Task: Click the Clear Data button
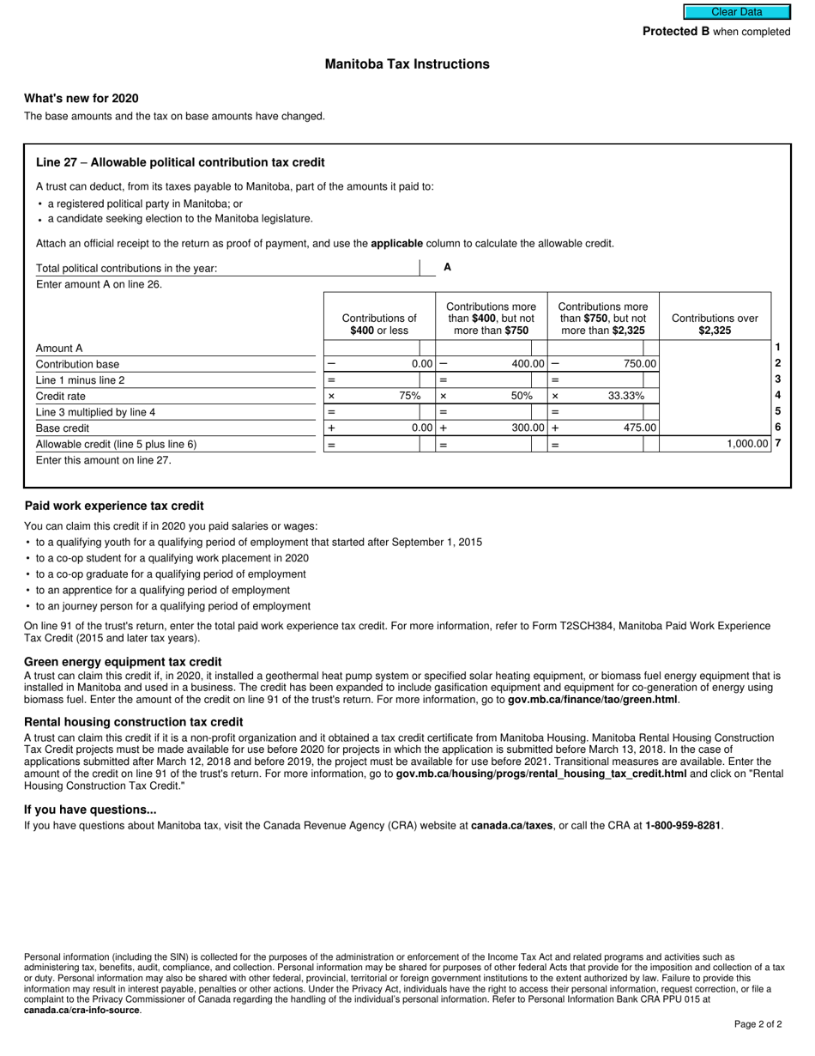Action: click(x=736, y=12)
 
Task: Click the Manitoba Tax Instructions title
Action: click(x=407, y=64)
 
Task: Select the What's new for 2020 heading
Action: click(x=81, y=98)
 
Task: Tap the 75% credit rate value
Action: click(x=409, y=396)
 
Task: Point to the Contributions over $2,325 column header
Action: click(x=715, y=324)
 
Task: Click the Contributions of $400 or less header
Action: click(x=379, y=324)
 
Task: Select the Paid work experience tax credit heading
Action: click(x=114, y=506)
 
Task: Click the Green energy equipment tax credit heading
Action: click(x=123, y=662)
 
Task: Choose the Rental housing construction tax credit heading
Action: click(x=133, y=722)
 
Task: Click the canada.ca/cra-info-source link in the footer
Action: click(x=81, y=1010)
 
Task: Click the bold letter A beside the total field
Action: click(x=447, y=268)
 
